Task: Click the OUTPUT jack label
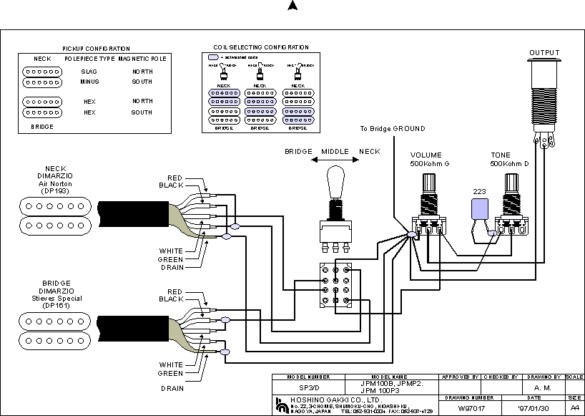[544, 53]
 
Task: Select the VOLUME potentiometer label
[426, 155]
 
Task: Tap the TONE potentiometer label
[501, 155]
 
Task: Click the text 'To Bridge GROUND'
[393, 129]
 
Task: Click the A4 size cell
[574, 407]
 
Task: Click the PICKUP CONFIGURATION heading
[97, 47]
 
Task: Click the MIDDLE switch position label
[334, 152]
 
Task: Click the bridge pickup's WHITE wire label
[171, 364]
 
